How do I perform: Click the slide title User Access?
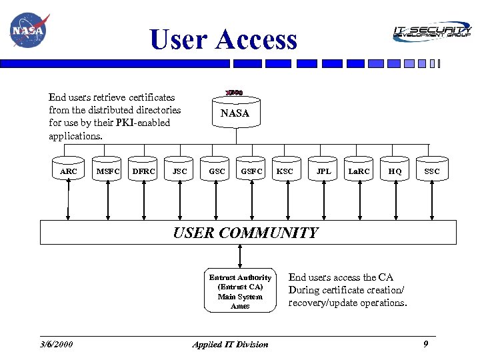(x=223, y=39)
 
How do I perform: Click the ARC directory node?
(x=69, y=171)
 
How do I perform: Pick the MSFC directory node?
(x=108, y=171)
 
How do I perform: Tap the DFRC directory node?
(x=144, y=171)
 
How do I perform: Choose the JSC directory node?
(x=180, y=171)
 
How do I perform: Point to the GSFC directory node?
(x=252, y=171)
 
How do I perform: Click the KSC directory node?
(x=285, y=171)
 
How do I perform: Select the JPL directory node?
(x=323, y=171)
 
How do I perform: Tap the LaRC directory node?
(x=359, y=171)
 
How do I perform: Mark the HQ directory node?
(x=395, y=171)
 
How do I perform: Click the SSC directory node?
(x=432, y=171)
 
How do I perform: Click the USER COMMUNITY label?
(x=245, y=233)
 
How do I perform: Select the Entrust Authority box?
(x=240, y=291)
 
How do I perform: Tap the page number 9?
(x=425, y=344)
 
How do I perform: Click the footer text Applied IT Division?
(x=230, y=345)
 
